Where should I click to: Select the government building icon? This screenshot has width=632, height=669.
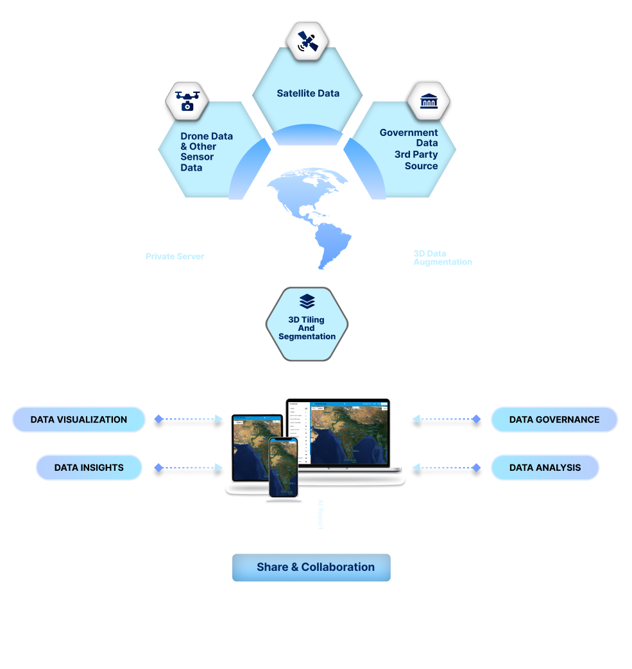pos(429,100)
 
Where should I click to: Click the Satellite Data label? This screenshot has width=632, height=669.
pos(308,93)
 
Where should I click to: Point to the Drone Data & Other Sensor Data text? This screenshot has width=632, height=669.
pos(206,152)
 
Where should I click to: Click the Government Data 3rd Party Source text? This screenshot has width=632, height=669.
pos(409,149)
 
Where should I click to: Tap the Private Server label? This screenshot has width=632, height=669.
pos(175,257)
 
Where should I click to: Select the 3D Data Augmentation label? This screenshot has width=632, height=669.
pos(442,257)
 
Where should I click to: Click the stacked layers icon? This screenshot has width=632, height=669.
pos(307,301)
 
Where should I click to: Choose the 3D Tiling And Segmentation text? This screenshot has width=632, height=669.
pos(307,328)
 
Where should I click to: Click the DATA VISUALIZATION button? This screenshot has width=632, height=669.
pos(79,419)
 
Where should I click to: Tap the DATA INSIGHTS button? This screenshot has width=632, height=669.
pos(89,468)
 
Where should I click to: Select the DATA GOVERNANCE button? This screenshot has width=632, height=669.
pos(554,419)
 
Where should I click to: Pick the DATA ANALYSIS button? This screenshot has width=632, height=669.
pos(545,468)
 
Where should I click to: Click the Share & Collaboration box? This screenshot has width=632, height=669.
pos(311,567)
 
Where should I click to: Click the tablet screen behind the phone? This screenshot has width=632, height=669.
pos(249,443)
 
